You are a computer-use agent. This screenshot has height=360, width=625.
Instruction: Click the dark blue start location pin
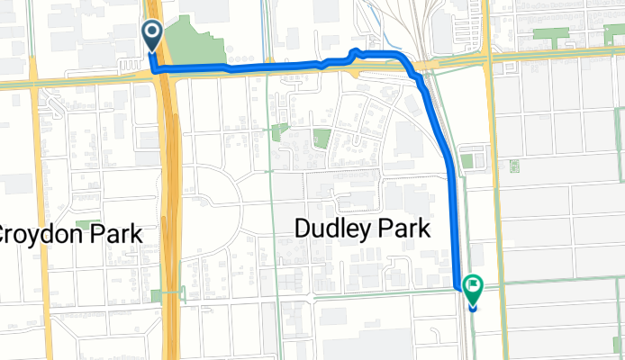click(x=152, y=37)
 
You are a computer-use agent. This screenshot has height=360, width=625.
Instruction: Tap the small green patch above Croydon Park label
click(x=88, y=222)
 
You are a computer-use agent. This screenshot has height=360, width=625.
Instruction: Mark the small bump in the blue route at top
click(x=355, y=52)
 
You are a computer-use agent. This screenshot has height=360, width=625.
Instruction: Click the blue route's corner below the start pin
click(x=154, y=68)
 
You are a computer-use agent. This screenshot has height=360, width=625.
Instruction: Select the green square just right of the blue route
click(x=466, y=161)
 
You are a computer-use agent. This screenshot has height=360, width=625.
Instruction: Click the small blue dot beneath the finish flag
click(x=473, y=308)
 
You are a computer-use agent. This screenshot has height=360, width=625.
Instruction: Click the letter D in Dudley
click(x=303, y=230)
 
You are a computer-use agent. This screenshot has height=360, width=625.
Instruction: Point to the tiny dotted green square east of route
click(x=513, y=166)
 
